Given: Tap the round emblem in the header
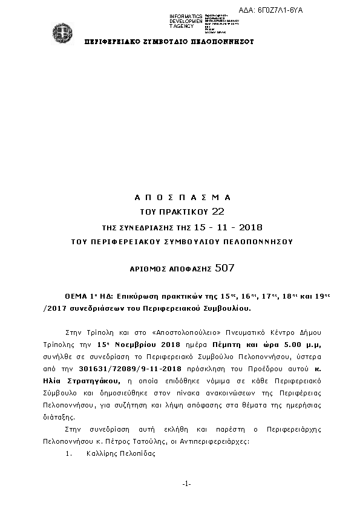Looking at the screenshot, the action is [x=61, y=33].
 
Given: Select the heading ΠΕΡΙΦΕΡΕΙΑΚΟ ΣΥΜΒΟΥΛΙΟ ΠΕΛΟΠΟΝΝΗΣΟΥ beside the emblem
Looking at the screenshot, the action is [x=169, y=42].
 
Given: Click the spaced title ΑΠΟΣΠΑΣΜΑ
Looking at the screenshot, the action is [x=182, y=198].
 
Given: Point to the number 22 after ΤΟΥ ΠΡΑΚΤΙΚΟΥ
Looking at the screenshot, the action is [x=218, y=212].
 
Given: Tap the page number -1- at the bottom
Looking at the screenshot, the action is [x=186, y=484].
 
